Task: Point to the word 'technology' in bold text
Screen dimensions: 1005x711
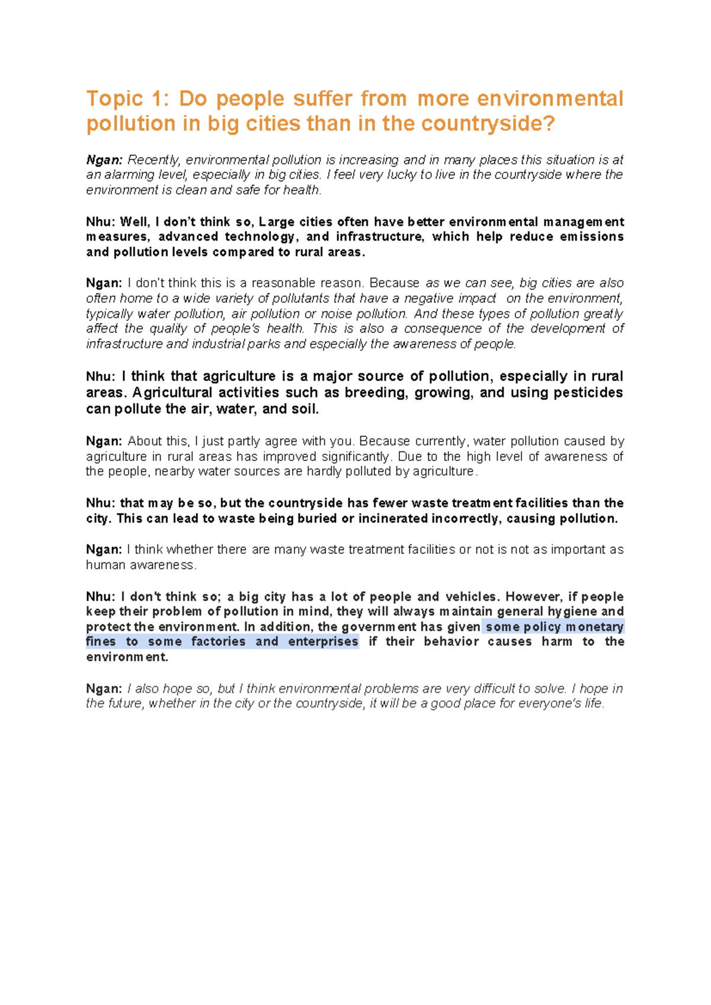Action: click(x=261, y=237)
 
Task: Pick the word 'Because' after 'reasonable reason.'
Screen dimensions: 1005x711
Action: click(x=394, y=283)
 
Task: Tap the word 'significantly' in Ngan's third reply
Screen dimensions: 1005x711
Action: click(x=357, y=457)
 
